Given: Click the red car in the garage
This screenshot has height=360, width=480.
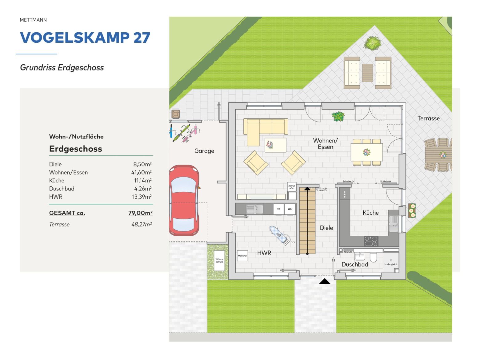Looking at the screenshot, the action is tap(184, 200).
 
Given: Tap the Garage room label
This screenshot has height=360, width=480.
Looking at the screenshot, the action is tap(204, 151).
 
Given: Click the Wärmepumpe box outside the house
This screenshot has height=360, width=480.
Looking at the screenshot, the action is tap(219, 261).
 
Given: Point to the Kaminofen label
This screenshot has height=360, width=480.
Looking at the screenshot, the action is tap(292, 187).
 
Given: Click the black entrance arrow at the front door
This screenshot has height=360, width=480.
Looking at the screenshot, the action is tap(325, 281).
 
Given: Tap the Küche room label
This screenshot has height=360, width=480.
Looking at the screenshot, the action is tap(370, 213).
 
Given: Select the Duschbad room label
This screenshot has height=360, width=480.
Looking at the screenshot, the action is tap(355, 265).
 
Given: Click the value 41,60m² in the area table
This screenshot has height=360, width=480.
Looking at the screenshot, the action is tap(141, 172).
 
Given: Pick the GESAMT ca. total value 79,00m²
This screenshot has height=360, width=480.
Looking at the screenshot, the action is tap(140, 213).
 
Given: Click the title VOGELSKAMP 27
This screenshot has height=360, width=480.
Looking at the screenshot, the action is tap(85, 38).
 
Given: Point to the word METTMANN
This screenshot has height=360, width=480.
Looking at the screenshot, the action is tap(33, 20).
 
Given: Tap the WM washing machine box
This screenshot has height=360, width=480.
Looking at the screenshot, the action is tap(290, 209).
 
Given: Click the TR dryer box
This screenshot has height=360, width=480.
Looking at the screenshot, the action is tap(278, 209).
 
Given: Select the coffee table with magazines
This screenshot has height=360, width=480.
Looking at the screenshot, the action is tap(275, 145).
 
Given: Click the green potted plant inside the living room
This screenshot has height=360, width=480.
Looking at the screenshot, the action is tap(338, 116).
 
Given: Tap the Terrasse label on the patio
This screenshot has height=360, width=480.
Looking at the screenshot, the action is tap(428, 118).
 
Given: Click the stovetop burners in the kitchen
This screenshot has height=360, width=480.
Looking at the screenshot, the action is tap(371, 241).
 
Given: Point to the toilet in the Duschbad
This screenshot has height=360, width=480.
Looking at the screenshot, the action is tap(373, 257).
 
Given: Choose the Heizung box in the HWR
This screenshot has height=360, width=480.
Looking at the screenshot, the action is tap(242, 256).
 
